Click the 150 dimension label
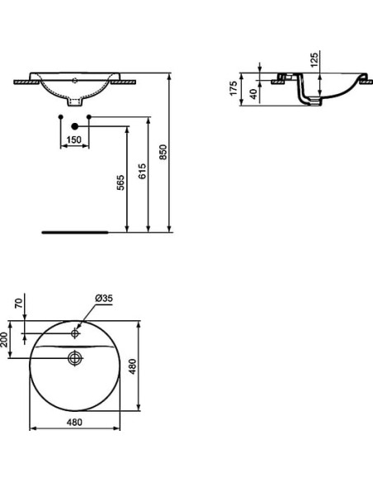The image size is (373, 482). (x=74, y=140)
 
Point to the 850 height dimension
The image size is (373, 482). (x=164, y=154)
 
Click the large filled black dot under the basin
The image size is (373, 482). (x=75, y=126)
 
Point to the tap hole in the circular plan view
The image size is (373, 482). (x=74, y=333)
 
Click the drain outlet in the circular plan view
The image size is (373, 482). (x=74, y=358)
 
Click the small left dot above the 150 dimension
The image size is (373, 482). (x=62, y=117)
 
